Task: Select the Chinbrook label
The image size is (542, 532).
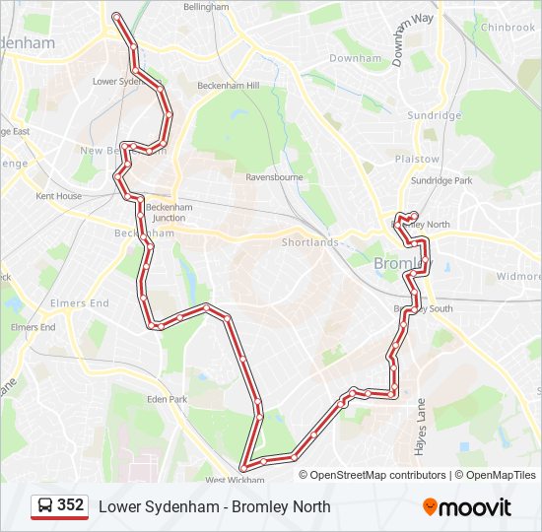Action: [x=508, y=28]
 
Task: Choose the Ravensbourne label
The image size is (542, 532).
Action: [x=274, y=178]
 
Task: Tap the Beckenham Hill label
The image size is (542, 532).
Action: [x=228, y=86]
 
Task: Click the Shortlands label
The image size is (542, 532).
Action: [x=309, y=242]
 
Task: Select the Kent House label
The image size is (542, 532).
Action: [x=59, y=196]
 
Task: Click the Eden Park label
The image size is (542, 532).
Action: [x=167, y=399]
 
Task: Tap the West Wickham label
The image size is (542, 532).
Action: [x=235, y=480]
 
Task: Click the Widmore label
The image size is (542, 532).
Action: [x=518, y=277]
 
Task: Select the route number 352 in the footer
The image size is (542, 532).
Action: [x=70, y=505]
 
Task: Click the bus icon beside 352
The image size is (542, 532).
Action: [x=45, y=506]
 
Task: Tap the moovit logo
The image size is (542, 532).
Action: [x=467, y=507]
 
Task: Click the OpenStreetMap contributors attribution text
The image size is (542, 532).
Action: [x=377, y=475]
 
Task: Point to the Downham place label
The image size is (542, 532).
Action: [x=355, y=59]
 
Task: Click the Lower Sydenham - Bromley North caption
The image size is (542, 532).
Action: [x=214, y=506]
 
